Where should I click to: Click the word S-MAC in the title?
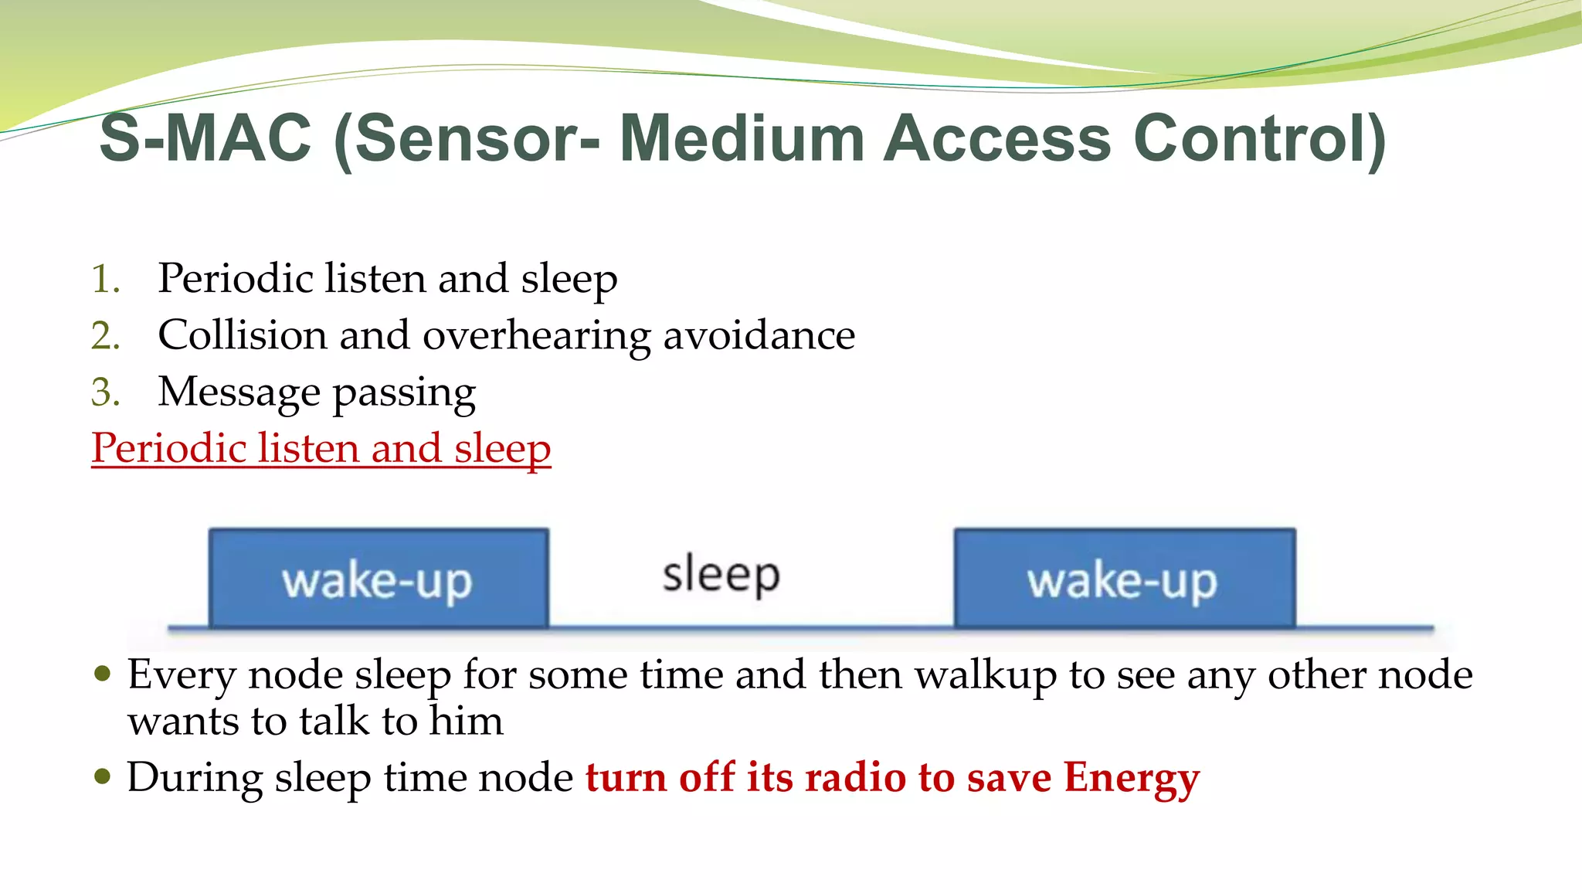(x=205, y=139)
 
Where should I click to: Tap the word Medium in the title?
(x=742, y=139)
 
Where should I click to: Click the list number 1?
(x=105, y=279)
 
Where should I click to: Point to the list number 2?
(x=105, y=336)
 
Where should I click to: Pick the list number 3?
(x=105, y=392)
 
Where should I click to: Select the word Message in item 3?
(x=238, y=392)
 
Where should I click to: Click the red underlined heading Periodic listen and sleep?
(x=321, y=449)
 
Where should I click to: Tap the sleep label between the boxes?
(x=721, y=576)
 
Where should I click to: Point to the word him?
(x=466, y=722)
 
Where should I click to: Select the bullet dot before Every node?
(x=102, y=674)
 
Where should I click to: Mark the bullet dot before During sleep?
(x=102, y=775)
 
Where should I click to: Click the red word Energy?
(x=1131, y=778)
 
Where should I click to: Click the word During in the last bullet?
(x=195, y=778)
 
